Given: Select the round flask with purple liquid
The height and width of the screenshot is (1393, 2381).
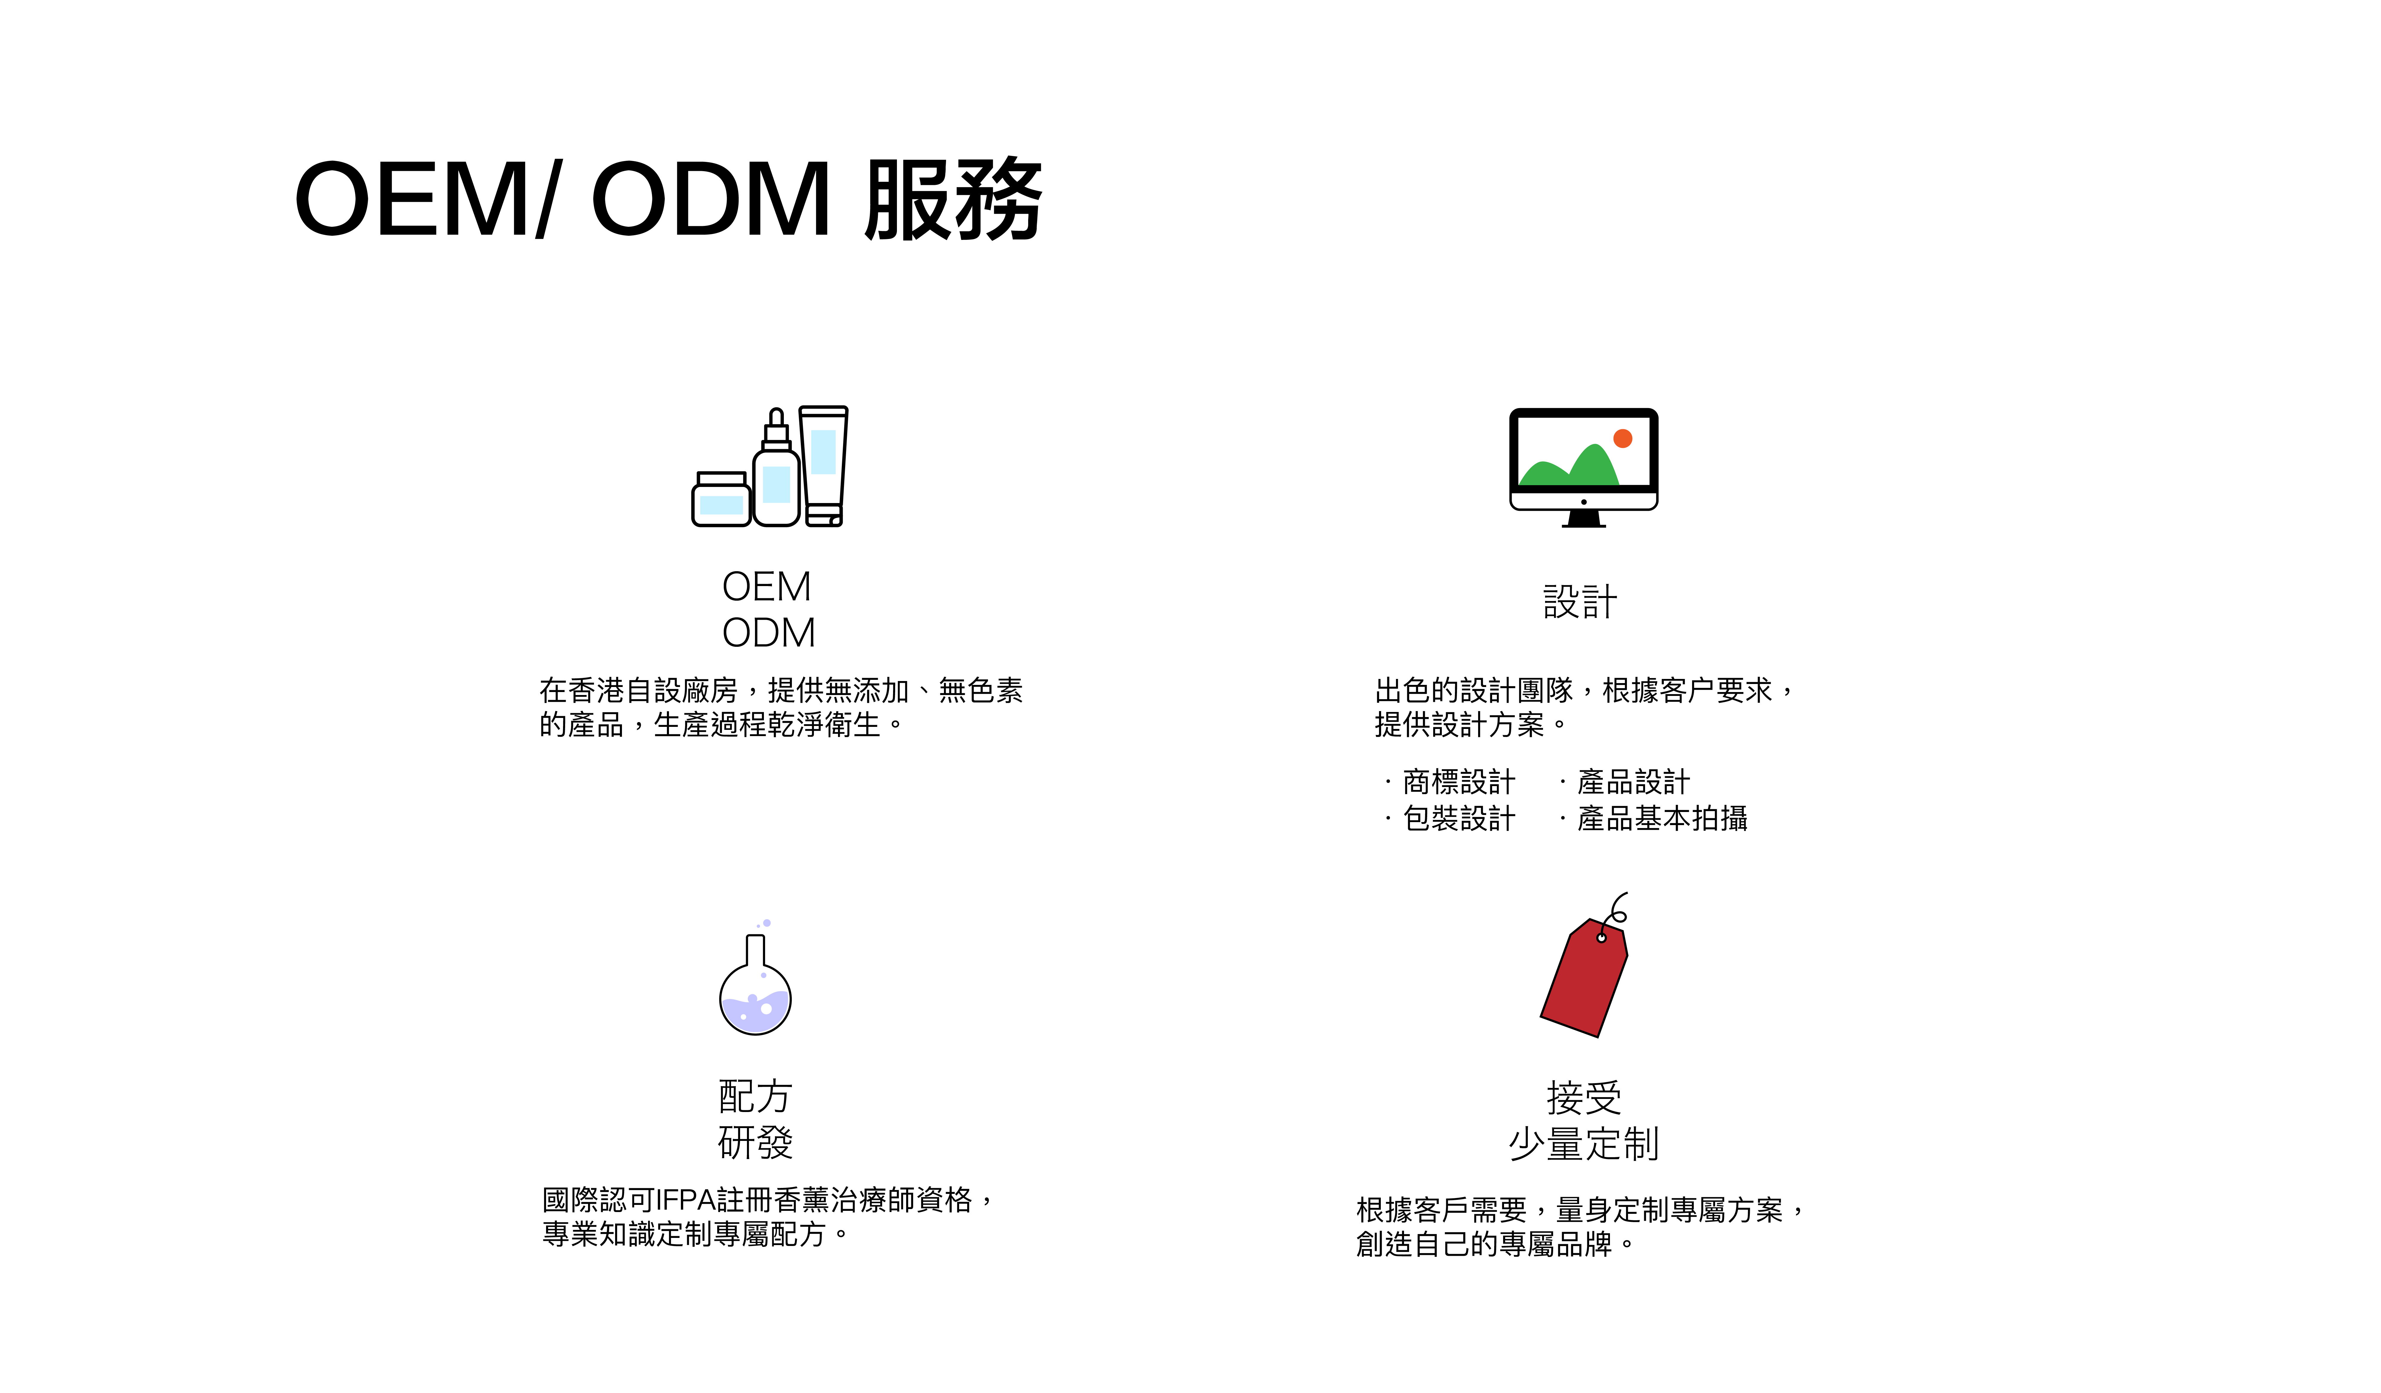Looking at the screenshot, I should [x=755, y=1000].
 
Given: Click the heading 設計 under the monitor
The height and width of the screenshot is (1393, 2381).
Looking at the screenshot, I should [x=1580, y=602].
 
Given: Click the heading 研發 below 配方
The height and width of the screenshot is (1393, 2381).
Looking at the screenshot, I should [x=755, y=1143].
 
